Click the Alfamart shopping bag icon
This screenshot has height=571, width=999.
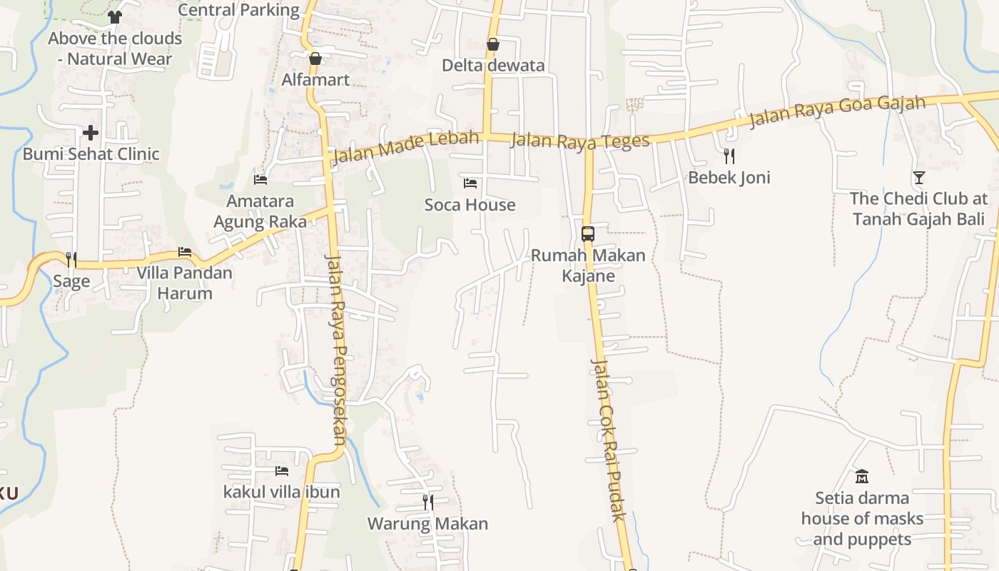click(315, 59)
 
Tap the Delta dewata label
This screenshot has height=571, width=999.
click(493, 66)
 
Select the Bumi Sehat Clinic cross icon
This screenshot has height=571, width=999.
click(91, 132)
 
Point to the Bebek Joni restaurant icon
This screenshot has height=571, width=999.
click(729, 156)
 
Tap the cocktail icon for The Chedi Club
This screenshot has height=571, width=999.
click(918, 177)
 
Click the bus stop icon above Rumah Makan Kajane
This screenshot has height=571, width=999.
click(588, 233)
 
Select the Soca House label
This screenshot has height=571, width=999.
click(470, 206)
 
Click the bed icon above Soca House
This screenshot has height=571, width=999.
click(470, 183)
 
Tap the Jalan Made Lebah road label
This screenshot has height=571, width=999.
click(405, 147)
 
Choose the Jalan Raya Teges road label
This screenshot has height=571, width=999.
click(580, 141)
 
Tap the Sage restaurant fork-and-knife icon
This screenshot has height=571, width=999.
click(71, 259)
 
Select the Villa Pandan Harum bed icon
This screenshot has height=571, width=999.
click(185, 252)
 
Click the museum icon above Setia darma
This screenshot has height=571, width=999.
click(862, 476)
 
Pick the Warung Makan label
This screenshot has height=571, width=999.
click(427, 524)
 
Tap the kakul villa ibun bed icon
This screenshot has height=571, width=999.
click(282, 471)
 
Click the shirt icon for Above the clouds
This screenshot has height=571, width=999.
click(115, 16)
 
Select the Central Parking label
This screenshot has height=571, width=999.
click(238, 10)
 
